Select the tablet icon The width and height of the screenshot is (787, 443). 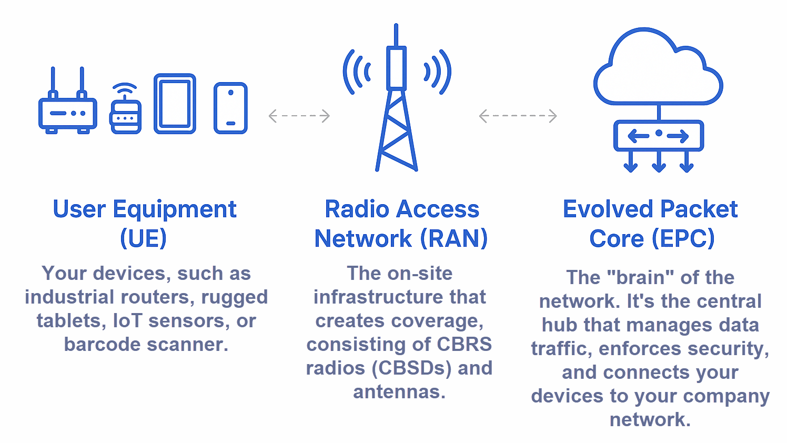pyautogui.click(x=175, y=104)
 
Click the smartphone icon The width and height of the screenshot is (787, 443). pyautogui.click(x=230, y=108)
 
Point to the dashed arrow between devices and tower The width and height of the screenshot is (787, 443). pyautogui.click(x=299, y=116)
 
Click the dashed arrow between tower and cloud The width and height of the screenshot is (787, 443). pyautogui.click(x=518, y=116)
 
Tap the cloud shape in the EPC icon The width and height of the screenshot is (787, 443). pyautogui.click(x=658, y=67)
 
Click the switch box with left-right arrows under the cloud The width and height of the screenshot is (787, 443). pyautogui.click(x=659, y=136)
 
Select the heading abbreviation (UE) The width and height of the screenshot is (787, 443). pyautogui.click(x=143, y=238)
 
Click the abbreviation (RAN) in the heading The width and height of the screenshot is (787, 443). pyautogui.click(x=454, y=238)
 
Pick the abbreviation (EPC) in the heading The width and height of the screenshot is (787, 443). pyautogui.click(x=683, y=238)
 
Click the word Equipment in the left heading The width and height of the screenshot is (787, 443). pyautogui.click(x=175, y=210)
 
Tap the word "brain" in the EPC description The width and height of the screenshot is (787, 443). pyautogui.click(x=641, y=278)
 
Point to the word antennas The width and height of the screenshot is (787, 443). pyautogui.click(x=399, y=392)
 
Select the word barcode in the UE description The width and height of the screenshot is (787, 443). pyautogui.click(x=102, y=344)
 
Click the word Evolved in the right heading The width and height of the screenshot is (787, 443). pyautogui.click(x=608, y=209)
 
